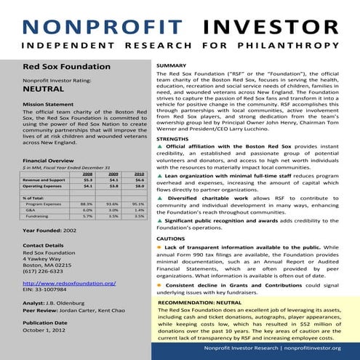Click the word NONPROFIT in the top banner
click(x=99, y=28)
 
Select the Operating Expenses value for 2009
click(x=113, y=185)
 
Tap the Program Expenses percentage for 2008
click(x=87, y=204)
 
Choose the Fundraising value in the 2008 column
click(x=87, y=216)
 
